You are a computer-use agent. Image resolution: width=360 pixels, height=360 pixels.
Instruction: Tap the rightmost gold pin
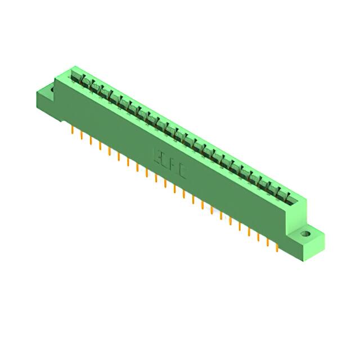pos(276,246)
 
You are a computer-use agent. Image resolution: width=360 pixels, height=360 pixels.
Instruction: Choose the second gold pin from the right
pos(267,241)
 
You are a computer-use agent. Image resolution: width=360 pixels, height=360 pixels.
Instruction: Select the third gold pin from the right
pos(258,236)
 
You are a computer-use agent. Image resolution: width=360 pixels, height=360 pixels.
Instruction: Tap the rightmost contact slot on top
pos(289,198)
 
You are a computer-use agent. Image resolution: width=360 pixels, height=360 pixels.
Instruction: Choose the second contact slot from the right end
pos(280,193)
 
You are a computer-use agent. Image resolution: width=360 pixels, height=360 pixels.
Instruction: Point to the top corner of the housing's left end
pos(67,68)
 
